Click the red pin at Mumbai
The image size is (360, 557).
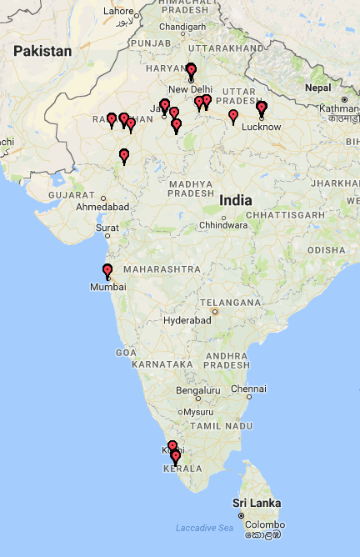click(x=107, y=270)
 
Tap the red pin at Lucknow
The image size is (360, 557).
click(x=262, y=107)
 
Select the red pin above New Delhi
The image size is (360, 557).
click(x=191, y=69)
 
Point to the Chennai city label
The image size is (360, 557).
click(x=249, y=389)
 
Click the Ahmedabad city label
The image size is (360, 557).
click(x=102, y=206)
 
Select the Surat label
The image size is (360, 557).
click(x=107, y=227)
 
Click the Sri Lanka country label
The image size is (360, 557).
click(x=257, y=503)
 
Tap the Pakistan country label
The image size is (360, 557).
click(x=42, y=52)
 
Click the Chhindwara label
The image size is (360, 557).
click(x=223, y=225)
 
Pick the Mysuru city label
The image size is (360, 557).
click(x=198, y=412)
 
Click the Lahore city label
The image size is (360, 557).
click(x=117, y=12)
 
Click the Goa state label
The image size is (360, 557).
click(x=126, y=353)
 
